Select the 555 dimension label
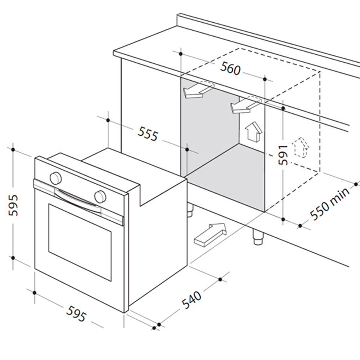[148, 134]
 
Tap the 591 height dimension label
[283, 155]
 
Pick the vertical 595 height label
[13, 205]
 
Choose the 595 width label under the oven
[76, 314]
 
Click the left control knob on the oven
[55, 178]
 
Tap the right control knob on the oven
[100, 197]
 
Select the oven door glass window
[80, 242]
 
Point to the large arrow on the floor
[210, 235]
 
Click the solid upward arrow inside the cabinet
[253, 131]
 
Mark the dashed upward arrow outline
[301, 148]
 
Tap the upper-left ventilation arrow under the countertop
[198, 90]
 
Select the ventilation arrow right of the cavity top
[246, 105]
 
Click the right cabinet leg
[258, 237]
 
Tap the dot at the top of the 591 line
[283, 108]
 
